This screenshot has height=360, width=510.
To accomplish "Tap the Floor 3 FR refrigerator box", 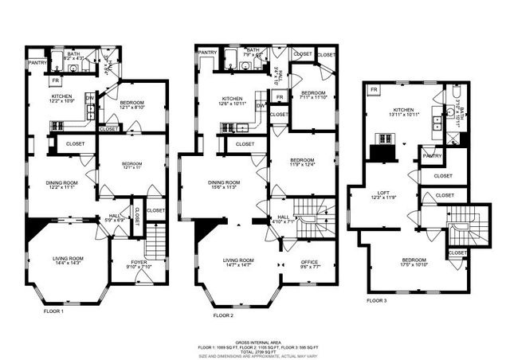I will pyautogui.click(x=374, y=90).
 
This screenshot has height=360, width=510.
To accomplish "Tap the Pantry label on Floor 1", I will pyautogui.click(x=37, y=61).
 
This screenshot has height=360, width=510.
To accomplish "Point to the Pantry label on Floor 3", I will pyautogui.click(x=433, y=156).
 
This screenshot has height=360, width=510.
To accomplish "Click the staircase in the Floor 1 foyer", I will pyautogui.click(x=156, y=240).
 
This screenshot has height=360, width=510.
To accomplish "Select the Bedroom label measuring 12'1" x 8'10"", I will pyautogui.click(x=132, y=105).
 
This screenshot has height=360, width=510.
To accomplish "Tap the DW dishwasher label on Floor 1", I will pyautogui.click(x=89, y=98).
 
